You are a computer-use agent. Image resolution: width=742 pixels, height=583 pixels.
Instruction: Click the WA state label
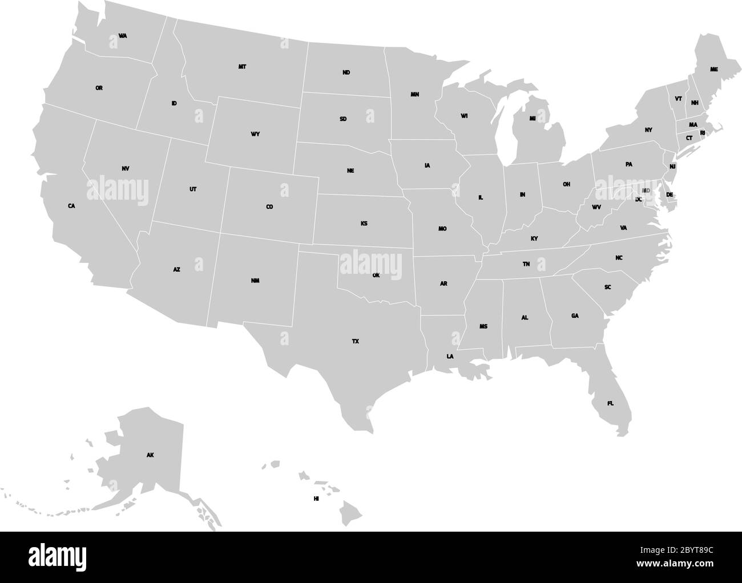click(x=123, y=36)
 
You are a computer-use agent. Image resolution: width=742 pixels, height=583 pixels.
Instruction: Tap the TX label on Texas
click(x=356, y=341)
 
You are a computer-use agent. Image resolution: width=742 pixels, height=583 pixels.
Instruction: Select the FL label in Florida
click(x=610, y=403)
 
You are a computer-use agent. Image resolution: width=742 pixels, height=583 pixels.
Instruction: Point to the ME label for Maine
click(x=713, y=69)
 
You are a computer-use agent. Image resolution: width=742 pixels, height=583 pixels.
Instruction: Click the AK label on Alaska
click(x=150, y=455)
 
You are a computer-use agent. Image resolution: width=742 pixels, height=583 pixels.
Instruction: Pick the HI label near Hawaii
click(x=316, y=499)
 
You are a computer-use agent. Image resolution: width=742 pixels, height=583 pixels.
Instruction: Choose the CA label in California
click(x=71, y=206)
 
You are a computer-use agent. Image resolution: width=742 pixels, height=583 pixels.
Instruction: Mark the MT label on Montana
click(x=243, y=67)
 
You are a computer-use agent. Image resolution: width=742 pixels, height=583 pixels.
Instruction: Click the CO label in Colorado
click(x=269, y=207)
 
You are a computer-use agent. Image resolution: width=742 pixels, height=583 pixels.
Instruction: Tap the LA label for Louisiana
click(x=450, y=357)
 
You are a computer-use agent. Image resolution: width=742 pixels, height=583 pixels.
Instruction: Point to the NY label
click(x=648, y=130)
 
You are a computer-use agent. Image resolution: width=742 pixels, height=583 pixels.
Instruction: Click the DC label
click(x=639, y=199)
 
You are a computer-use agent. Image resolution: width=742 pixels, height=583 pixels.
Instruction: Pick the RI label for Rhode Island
click(x=703, y=133)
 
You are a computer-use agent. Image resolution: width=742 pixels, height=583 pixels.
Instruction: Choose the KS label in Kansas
click(x=364, y=223)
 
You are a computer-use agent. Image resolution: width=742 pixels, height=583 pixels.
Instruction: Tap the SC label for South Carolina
click(x=607, y=287)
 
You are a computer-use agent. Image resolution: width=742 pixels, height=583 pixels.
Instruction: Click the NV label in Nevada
click(x=126, y=168)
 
